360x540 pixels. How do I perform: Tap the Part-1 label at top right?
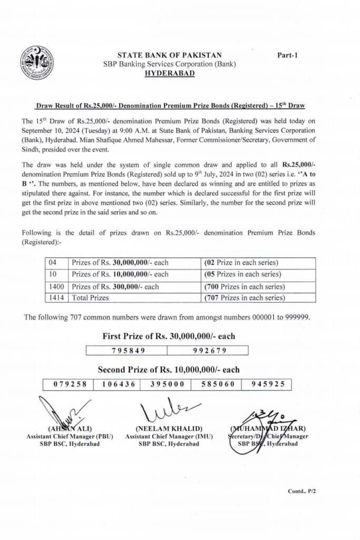287,55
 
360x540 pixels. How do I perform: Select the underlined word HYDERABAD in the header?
169,73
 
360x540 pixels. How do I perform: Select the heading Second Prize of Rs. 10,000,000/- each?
169,369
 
